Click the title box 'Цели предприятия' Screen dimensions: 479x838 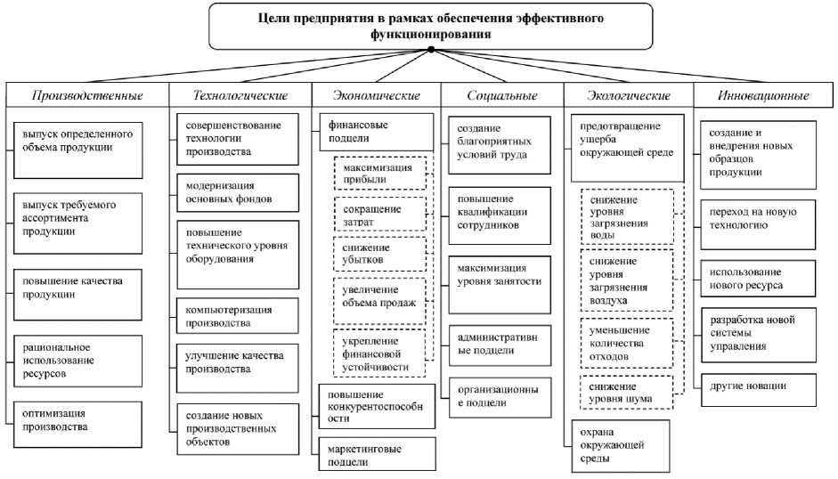tap(431, 25)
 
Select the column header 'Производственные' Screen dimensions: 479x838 tap(87, 95)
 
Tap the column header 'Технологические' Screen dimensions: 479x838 tap(240, 95)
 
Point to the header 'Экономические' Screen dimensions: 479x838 tap(375, 95)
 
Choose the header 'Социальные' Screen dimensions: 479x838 tap(502, 95)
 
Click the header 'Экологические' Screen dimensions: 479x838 tap(629, 95)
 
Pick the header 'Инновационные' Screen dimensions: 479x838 tap(762, 95)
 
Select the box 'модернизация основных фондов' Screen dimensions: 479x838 tap(235, 191)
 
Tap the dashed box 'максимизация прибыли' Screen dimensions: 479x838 tap(378, 173)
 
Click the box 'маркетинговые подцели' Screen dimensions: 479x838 tap(377, 454)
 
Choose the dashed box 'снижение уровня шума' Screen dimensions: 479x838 tap(625, 393)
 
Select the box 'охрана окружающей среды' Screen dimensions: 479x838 tap(618, 445)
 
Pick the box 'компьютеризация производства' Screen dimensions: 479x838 tap(235, 316)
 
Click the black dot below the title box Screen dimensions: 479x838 tap(431, 50)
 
